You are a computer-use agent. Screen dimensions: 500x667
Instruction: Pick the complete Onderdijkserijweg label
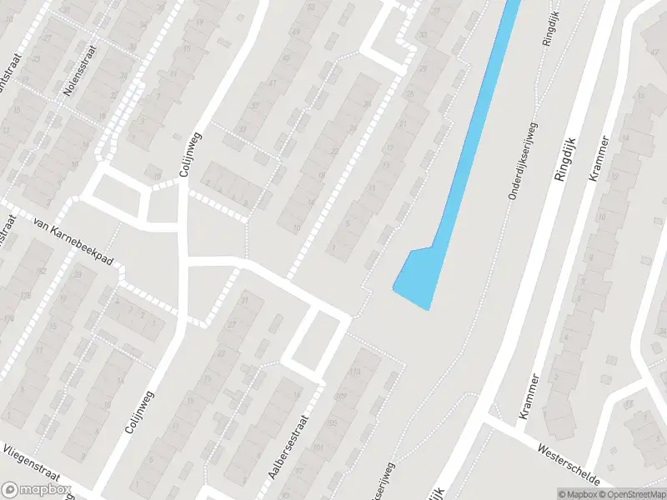[x=524, y=160]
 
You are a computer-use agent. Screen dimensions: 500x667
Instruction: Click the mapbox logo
[x=35, y=489]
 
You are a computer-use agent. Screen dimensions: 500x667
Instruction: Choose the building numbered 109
[x=340, y=397]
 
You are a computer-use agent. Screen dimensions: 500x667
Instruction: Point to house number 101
[x=318, y=450]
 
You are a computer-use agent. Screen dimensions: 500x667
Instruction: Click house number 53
[x=312, y=7]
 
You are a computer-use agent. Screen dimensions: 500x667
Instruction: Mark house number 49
[x=295, y=32]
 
